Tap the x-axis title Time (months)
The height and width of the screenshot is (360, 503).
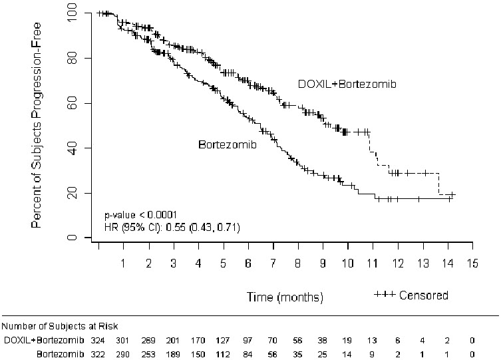coord(285,295)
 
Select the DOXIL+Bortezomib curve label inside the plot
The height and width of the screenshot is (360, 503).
coord(346,83)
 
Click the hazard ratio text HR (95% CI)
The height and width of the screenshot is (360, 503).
coord(172,228)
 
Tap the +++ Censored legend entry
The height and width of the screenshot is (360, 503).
coord(411,295)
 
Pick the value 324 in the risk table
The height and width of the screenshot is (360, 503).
coord(98,339)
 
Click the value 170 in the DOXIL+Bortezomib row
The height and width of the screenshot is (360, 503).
coord(198,339)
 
